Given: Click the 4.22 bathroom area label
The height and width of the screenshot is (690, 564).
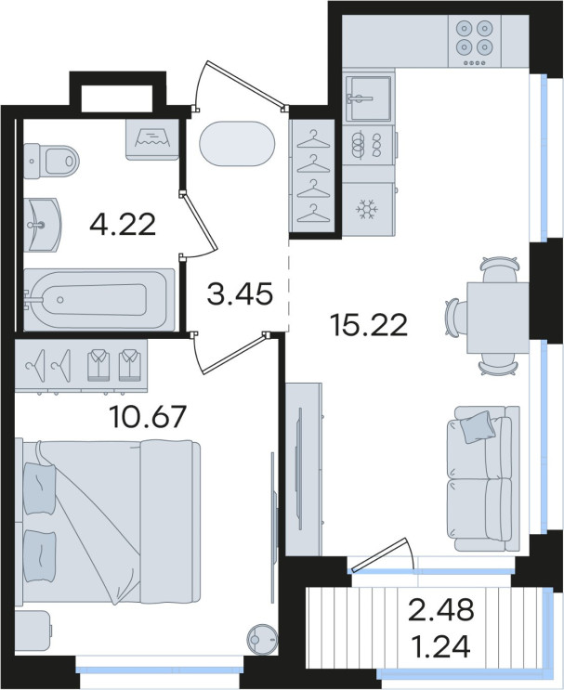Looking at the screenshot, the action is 123,225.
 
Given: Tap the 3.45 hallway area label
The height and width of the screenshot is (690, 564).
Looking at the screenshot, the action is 240,293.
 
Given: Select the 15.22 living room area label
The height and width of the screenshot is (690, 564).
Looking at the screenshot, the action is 369,325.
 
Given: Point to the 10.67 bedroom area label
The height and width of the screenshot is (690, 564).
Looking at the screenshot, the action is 149,416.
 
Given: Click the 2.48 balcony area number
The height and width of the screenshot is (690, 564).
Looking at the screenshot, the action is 441,610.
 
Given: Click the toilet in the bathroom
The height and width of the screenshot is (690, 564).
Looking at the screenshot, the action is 51,161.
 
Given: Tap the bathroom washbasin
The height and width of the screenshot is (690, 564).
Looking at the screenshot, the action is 42,225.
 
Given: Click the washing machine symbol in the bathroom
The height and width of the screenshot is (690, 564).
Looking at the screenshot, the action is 152,139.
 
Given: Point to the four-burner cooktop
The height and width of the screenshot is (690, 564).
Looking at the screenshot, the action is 474,41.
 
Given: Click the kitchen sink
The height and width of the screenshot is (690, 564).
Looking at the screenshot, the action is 368,98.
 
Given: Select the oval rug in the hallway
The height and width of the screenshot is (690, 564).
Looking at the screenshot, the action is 237,144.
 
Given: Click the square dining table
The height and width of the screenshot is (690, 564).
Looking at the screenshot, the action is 498,318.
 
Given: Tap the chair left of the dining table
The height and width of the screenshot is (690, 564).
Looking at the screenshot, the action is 456,318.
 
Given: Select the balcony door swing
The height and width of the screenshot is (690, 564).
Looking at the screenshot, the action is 383,554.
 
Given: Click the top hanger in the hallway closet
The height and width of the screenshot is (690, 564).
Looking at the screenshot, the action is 313,139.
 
